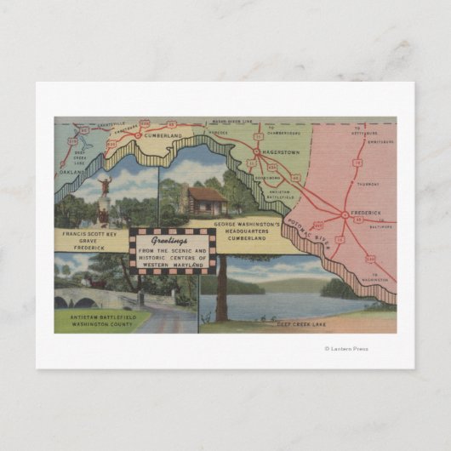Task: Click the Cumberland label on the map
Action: pyautogui.click(x=163, y=135)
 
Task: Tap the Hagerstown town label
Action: pyautogui.click(x=281, y=151)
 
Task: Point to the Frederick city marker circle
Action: pyautogui.click(x=344, y=214)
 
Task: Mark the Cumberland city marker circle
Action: pyautogui.click(x=138, y=134)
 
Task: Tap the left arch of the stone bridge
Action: pyautogui.click(x=65, y=302)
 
